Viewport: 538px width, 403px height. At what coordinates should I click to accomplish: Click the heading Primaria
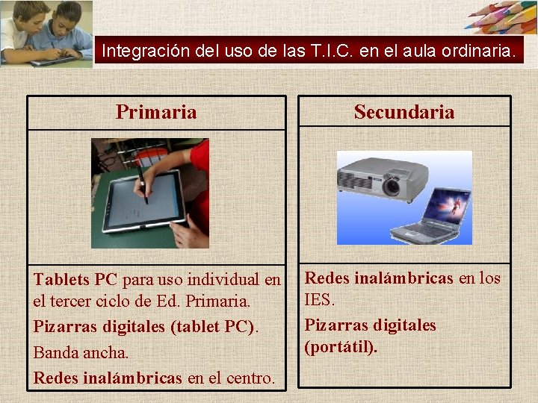click(x=156, y=113)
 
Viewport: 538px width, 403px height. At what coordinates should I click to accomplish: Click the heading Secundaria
click(x=403, y=113)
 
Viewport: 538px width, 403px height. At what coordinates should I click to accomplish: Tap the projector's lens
click(x=391, y=187)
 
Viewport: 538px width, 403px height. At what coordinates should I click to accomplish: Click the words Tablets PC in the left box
click(x=75, y=280)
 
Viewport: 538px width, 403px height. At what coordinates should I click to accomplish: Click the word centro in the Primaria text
click(x=250, y=378)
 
